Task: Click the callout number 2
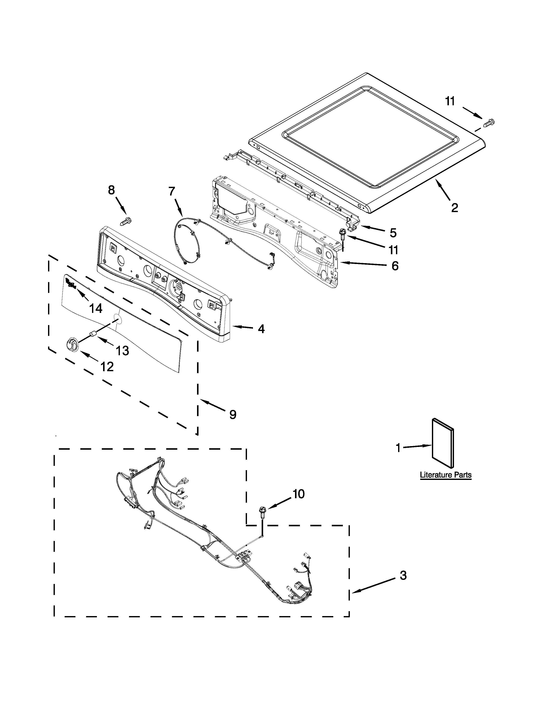click(454, 208)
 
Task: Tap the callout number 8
click(111, 190)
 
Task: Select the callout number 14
click(96, 309)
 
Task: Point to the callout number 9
click(233, 415)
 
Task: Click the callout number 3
click(403, 575)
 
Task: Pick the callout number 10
click(299, 494)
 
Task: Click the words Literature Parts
click(446, 475)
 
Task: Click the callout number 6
click(395, 266)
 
